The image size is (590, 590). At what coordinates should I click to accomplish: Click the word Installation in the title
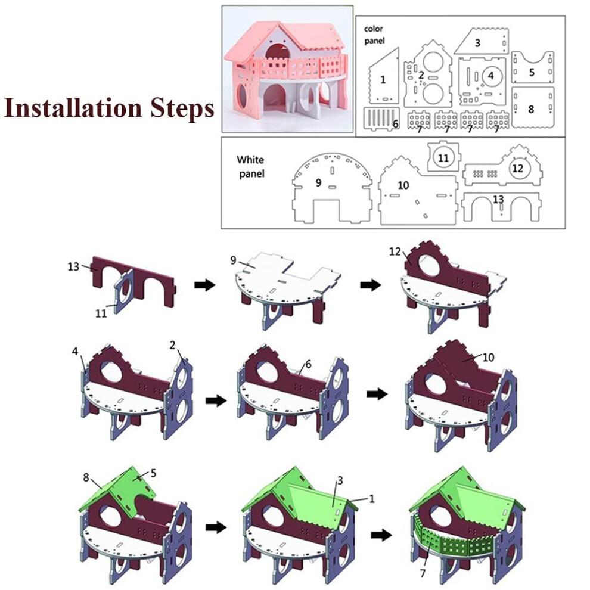[x=73, y=108]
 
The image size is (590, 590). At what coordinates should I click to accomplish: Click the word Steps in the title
[x=182, y=109]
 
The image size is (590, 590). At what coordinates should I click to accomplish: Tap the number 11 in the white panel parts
[x=443, y=158]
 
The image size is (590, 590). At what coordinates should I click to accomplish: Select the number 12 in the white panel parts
[x=518, y=168]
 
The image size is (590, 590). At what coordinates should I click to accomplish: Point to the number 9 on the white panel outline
[x=318, y=183]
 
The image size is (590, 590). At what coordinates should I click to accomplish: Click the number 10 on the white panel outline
[x=403, y=185]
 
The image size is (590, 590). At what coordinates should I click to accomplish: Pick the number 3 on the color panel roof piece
[x=477, y=43]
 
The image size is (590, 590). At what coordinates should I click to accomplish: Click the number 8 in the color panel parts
[x=531, y=110]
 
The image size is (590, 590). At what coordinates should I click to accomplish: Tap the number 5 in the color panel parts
[x=532, y=72]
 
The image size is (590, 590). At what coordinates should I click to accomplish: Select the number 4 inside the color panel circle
[x=490, y=76]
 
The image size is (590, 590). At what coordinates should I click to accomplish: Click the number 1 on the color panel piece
[x=383, y=80]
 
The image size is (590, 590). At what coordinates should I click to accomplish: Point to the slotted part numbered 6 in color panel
[x=381, y=119]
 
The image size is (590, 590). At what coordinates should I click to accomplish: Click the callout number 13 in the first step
[x=73, y=266]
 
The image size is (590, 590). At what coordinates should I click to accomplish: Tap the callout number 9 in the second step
[x=233, y=260]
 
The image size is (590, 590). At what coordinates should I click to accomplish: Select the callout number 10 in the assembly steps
[x=488, y=357]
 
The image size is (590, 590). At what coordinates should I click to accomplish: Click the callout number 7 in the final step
[x=423, y=573]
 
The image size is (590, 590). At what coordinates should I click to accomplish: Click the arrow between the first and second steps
[x=204, y=285]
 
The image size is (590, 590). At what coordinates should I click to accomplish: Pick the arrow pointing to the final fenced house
[x=381, y=535]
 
